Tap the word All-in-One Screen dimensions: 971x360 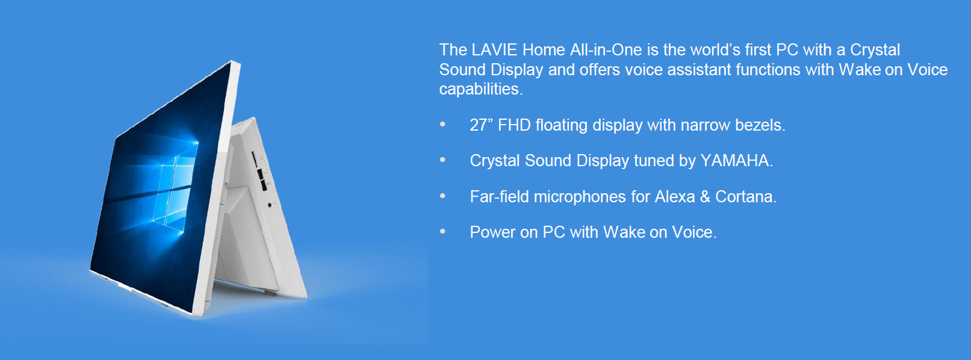pos(606,50)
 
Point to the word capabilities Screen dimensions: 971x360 pos(481,89)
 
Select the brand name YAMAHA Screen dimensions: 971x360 pos(736,161)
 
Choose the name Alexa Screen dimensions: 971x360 pos(675,197)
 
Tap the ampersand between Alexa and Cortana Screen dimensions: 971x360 pos(706,197)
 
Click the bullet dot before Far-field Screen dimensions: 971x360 pos(442,196)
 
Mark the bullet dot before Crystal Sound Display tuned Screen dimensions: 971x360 pos(442,160)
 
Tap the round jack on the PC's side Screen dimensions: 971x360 pos(270,205)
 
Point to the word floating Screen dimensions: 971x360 pos(562,125)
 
